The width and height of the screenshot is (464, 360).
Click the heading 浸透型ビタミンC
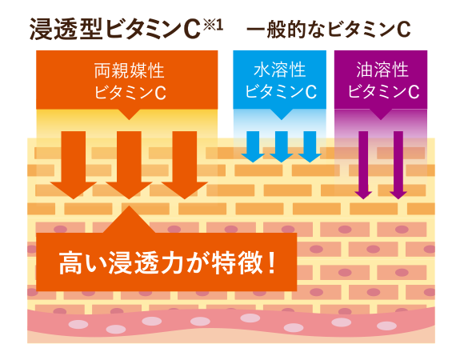pyautogui.click(x=115, y=29)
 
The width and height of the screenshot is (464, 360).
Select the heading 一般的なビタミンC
pyautogui.click(x=329, y=30)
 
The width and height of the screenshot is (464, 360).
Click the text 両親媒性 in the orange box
pyautogui.click(x=129, y=70)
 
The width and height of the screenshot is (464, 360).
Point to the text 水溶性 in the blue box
pyautogui.click(x=280, y=70)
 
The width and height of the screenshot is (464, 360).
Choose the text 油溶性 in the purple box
pyautogui.click(x=382, y=70)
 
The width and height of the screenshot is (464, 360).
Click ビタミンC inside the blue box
pyautogui.click(x=281, y=91)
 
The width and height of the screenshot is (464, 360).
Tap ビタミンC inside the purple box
pyautogui.click(x=383, y=91)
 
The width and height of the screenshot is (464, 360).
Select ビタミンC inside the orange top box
pyautogui.click(x=130, y=92)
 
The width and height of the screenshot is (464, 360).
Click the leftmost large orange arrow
pyautogui.click(x=74, y=165)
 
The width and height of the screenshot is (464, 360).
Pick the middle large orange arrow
pyautogui.click(x=129, y=165)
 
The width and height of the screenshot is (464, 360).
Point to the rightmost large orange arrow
pyautogui.click(x=185, y=165)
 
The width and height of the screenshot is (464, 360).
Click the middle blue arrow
pyautogui.click(x=281, y=146)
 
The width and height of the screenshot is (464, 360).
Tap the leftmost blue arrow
pyautogui.click(x=253, y=146)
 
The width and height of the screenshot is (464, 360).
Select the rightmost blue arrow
pyautogui.click(x=310, y=146)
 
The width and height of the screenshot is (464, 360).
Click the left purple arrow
pyautogui.click(x=363, y=165)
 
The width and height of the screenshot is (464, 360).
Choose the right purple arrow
pyautogui.click(x=398, y=165)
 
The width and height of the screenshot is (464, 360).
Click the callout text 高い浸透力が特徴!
pyautogui.click(x=167, y=262)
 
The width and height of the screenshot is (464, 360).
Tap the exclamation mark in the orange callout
pyautogui.click(x=272, y=262)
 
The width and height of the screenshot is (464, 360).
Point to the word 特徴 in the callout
pyautogui.click(x=238, y=262)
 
